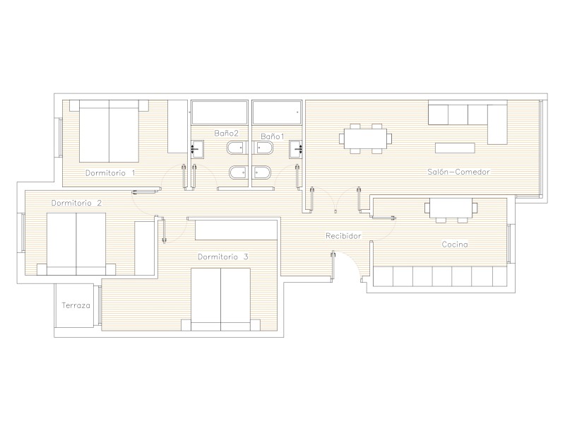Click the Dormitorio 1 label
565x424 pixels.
(110, 173)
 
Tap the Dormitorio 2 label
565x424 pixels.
(76, 203)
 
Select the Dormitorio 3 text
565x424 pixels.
(223, 257)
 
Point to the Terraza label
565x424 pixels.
(76, 305)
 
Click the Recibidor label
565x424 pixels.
(343, 236)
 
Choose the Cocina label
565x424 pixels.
(455, 245)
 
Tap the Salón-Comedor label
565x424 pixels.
(458, 172)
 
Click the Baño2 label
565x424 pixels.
(226, 133)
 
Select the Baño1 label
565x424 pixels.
(273, 136)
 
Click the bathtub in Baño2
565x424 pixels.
(220, 112)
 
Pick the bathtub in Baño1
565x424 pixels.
(277, 112)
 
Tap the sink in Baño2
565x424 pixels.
(197, 149)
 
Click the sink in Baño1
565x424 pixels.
(295, 149)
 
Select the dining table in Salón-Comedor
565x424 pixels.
(365, 139)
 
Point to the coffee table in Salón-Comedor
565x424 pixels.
(455, 148)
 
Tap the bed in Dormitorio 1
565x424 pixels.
(109, 131)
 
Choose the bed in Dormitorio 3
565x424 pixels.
(220, 299)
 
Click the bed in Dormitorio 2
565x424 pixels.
(76, 244)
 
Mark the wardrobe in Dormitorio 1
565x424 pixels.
(178, 126)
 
